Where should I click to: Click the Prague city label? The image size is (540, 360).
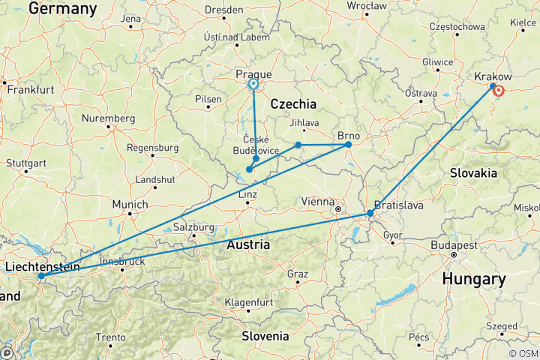pyautogui.click(x=253, y=74)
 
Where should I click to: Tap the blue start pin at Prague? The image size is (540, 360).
pyautogui.click(x=253, y=85)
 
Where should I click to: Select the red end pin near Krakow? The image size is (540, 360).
pyautogui.click(x=498, y=92)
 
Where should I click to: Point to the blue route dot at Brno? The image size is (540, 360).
pyautogui.click(x=348, y=144)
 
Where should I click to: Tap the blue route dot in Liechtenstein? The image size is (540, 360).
pyautogui.click(x=40, y=276)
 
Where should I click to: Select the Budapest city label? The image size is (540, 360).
pyautogui.click(x=453, y=245)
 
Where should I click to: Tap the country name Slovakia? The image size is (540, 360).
pyautogui.click(x=473, y=172)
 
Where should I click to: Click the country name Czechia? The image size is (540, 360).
pyautogui.click(x=293, y=103)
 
